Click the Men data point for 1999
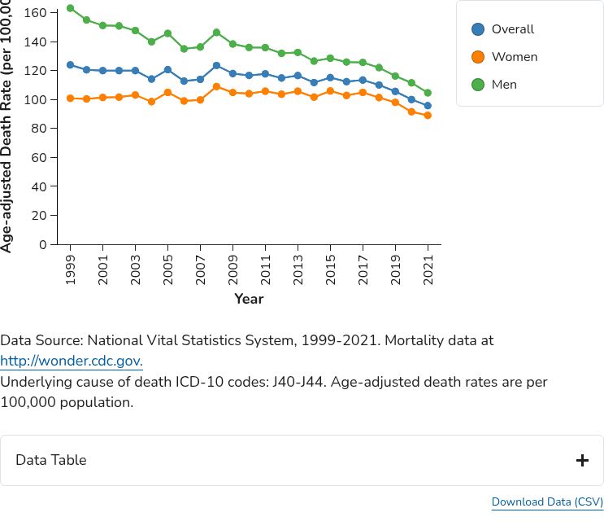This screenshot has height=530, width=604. tap(71, 8)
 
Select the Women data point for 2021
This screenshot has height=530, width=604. tap(428, 116)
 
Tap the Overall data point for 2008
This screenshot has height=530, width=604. tap(217, 66)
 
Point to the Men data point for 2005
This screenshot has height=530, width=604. tap(168, 33)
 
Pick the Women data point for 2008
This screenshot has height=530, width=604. tap(217, 86)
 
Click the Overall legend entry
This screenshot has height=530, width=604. tap(503, 29)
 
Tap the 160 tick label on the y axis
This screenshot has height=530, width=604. tap(36, 13)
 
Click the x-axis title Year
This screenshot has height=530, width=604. tap(249, 299)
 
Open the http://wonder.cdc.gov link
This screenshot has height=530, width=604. tap(72, 361)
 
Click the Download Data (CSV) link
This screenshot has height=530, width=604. tap(547, 502)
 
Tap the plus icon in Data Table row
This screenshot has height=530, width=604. tap(582, 461)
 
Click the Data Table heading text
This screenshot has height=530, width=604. tap(50, 460)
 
